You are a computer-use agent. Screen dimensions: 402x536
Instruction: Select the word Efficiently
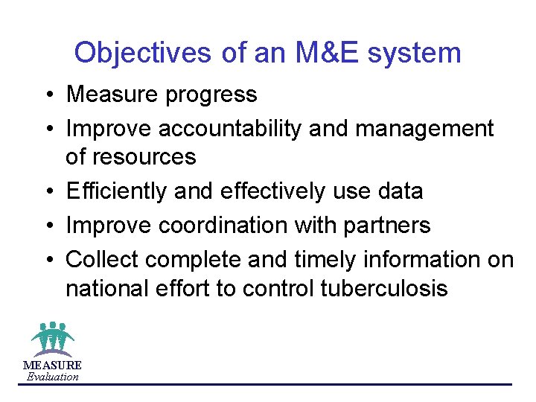click(116, 191)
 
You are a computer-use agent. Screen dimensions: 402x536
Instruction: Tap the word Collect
click(103, 259)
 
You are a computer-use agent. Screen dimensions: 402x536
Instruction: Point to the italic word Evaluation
click(52, 377)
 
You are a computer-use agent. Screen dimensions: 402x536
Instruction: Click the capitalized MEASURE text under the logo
click(52, 365)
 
